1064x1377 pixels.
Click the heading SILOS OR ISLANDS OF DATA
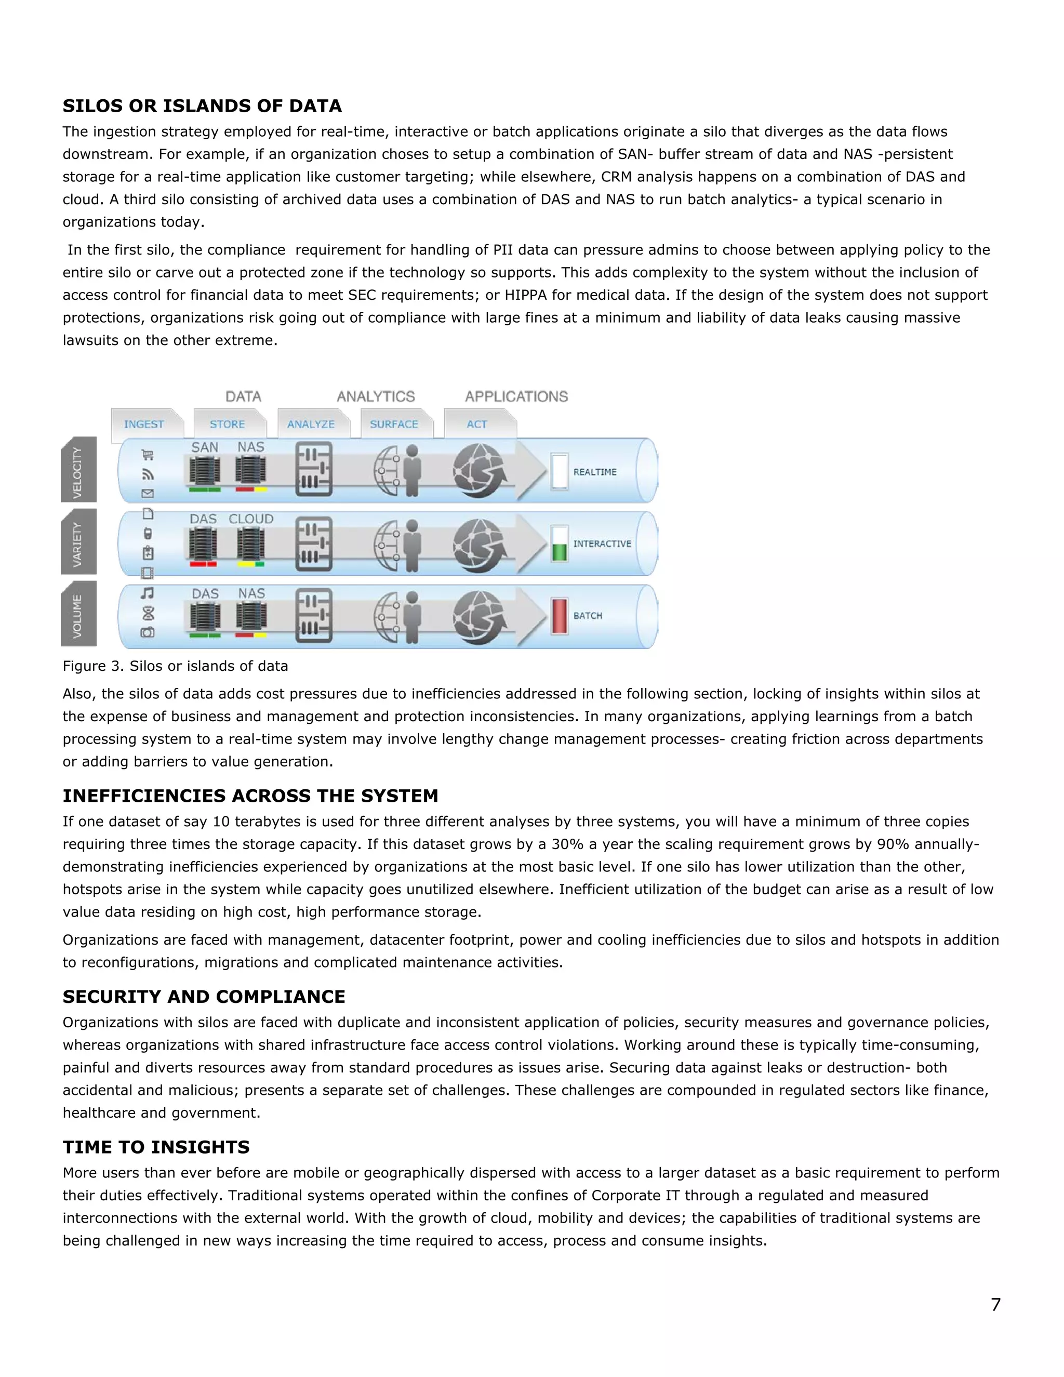[x=202, y=106]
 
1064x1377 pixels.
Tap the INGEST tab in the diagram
[x=144, y=425]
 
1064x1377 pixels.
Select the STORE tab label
[x=227, y=425]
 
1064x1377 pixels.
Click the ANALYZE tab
[x=311, y=425]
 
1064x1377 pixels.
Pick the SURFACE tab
[x=394, y=425]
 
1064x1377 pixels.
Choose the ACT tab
[x=476, y=425]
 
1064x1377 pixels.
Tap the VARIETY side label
[x=78, y=544]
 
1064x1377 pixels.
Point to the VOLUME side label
[x=78, y=615]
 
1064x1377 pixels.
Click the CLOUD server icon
[x=251, y=544]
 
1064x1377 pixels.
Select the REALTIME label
[x=594, y=472]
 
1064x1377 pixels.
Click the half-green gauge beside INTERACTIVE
[x=559, y=544]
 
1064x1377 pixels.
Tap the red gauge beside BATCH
[x=559, y=615]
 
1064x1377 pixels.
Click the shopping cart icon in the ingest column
[x=148, y=455]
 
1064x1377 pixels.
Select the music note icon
[x=148, y=593]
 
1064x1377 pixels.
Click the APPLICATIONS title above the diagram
[x=516, y=396]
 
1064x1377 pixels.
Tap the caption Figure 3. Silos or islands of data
[x=175, y=666]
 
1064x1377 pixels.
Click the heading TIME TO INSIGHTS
[x=156, y=1147]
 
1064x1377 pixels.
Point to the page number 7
[x=995, y=1304]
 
